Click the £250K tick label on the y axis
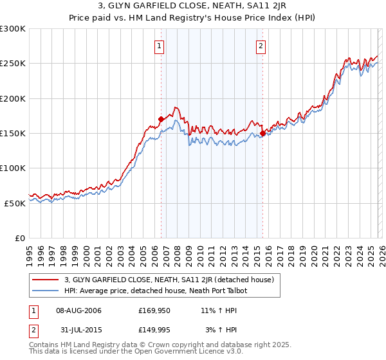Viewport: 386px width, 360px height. point(12,64)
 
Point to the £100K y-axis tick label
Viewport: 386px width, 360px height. point(12,168)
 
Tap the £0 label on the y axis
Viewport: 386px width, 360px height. point(19,238)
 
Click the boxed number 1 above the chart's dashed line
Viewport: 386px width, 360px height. point(159,46)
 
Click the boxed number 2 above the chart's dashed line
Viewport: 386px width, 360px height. point(261,46)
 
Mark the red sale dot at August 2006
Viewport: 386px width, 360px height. point(161,119)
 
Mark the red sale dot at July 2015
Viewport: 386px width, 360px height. point(262,133)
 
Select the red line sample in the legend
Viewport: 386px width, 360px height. point(46,280)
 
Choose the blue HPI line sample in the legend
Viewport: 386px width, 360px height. point(46,291)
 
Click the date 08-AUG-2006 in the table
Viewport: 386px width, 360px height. point(78,310)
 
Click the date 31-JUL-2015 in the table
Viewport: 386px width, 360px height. point(78,330)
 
